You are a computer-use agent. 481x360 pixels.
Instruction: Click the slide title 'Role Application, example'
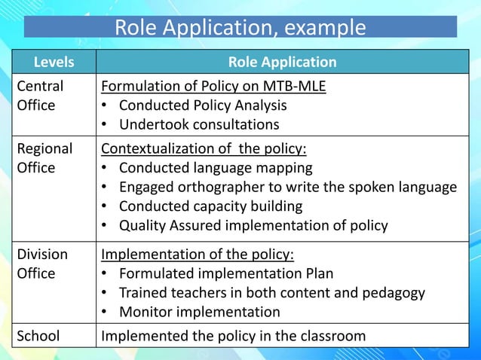(x=240, y=27)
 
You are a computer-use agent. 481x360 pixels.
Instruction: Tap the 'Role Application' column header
(x=282, y=62)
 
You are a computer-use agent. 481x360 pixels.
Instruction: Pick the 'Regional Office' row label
(x=44, y=158)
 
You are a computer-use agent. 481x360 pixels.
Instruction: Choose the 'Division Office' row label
(x=42, y=264)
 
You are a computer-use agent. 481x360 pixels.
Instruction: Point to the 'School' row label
(x=38, y=336)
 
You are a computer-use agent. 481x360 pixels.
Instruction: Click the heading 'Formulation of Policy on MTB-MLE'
(x=213, y=86)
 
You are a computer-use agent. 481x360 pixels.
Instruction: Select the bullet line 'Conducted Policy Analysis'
(x=203, y=105)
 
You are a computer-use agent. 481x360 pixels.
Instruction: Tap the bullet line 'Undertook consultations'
(x=199, y=124)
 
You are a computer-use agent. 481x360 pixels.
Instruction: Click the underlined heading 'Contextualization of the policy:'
(x=208, y=148)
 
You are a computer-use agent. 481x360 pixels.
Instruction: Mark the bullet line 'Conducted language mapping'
(x=216, y=167)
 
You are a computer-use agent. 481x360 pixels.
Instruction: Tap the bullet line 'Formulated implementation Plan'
(x=226, y=273)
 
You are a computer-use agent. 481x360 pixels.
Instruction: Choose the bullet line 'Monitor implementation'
(x=199, y=312)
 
